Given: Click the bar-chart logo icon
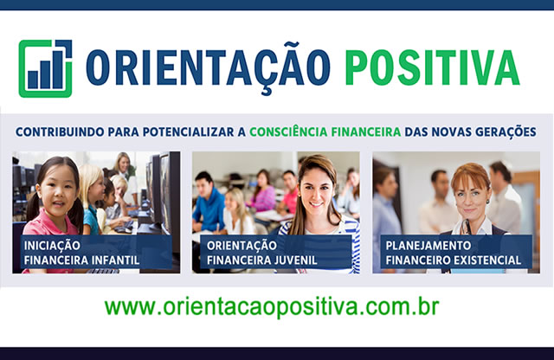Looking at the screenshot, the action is pyautogui.click(x=45, y=68).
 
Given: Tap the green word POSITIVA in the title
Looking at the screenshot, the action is pyautogui.click(x=432, y=67).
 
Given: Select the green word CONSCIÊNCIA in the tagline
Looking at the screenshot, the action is pyautogui.click(x=288, y=132).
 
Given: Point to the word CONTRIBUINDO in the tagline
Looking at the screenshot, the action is pyautogui.click(x=60, y=132).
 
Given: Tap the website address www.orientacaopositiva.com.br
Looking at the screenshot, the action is pyautogui.click(x=272, y=307).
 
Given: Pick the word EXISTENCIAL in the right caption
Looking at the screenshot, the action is pyautogui.click(x=487, y=260).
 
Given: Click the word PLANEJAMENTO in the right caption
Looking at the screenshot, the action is pyautogui.click(x=428, y=246).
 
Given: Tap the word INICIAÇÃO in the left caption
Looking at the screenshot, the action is pyautogui.click(x=52, y=246).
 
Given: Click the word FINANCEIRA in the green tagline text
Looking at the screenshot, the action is pyautogui.click(x=366, y=132).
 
